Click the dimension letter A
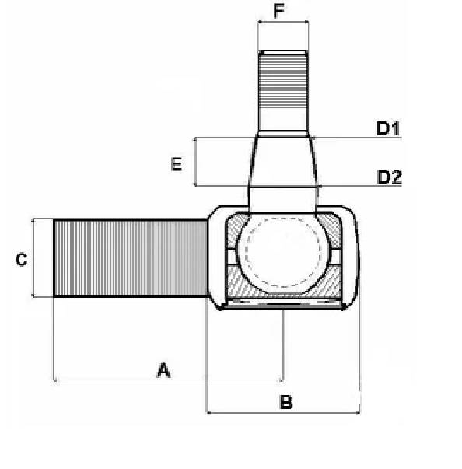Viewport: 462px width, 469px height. (163, 370)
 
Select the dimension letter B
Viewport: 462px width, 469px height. (286, 402)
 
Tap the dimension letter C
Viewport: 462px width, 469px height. (21, 259)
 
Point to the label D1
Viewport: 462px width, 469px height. (388, 128)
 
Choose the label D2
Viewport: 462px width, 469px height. (389, 177)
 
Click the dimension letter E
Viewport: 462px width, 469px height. (177, 164)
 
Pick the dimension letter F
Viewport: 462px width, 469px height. (278, 12)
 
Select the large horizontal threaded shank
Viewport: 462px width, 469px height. (131, 257)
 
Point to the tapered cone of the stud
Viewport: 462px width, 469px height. (283, 162)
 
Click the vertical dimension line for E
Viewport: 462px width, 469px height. (195, 162)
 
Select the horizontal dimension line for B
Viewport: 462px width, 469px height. (283, 413)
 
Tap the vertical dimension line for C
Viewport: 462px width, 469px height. (33, 257)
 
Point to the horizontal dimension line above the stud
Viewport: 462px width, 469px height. (283, 22)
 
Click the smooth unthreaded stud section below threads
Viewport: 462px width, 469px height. (283, 120)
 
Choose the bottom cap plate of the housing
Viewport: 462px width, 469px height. (283, 303)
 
